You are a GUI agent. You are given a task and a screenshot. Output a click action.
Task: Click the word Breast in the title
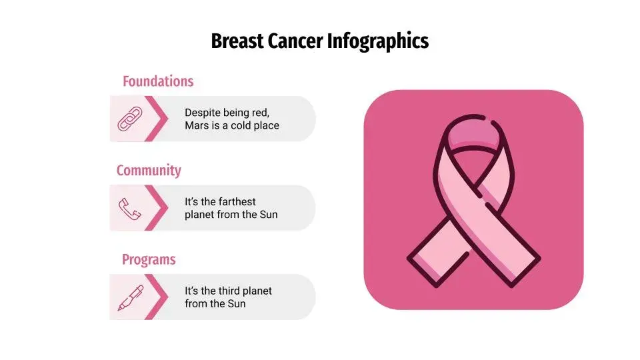pos(237,41)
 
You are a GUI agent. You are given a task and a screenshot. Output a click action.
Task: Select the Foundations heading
pos(158,81)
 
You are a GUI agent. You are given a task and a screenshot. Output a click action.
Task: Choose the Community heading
pos(149,170)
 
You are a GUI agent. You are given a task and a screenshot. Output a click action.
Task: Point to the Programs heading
pos(149,259)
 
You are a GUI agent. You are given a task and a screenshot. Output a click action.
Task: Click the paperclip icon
pos(130,119)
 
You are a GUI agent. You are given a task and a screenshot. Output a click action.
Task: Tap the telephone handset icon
pos(130,209)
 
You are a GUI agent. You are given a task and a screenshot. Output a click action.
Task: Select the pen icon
pos(131,297)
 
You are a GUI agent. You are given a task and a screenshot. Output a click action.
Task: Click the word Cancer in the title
pos(295,41)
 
